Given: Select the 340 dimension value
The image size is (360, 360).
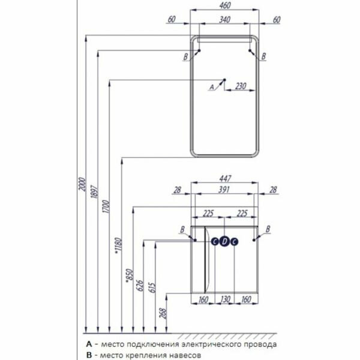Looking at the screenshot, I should [225, 19].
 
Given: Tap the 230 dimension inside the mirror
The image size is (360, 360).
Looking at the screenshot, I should [240, 86].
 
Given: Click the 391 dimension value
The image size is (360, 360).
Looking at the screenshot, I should [225, 190].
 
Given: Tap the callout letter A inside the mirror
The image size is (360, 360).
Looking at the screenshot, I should [210, 87].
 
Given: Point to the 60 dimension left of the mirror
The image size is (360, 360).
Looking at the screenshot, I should [172, 19].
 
